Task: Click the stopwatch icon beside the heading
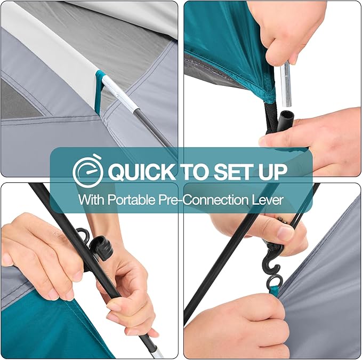click(x=88, y=171)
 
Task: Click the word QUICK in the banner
click(x=141, y=172)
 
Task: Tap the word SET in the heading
click(x=235, y=172)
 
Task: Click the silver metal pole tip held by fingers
click(x=286, y=85)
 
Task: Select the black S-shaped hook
click(x=271, y=260)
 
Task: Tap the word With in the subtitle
click(x=91, y=199)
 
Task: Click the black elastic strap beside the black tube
click(x=270, y=118)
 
